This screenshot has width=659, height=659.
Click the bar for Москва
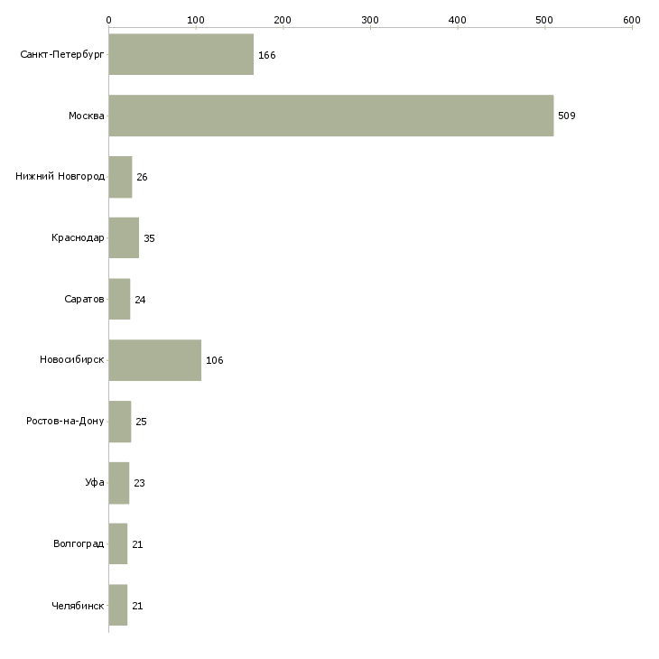(x=330, y=116)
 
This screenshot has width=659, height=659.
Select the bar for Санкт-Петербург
(x=181, y=54)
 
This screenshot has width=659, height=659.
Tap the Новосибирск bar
(x=154, y=360)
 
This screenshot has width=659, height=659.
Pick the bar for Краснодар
(x=124, y=238)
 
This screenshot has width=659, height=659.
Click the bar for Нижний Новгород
(x=120, y=177)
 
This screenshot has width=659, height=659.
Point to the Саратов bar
(x=119, y=299)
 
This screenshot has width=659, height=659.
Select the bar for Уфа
(x=118, y=483)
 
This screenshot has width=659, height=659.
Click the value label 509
(x=566, y=116)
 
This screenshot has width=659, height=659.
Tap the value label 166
(x=266, y=55)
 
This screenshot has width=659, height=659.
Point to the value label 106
(x=214, y=361)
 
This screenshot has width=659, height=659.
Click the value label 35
(x=149, y=238)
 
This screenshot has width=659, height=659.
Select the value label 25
(x=141, y=422)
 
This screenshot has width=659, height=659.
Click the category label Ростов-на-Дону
(x=66, y=422)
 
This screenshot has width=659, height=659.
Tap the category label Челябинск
(x=78, y=606)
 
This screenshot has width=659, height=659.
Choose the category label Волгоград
(x=79, y=544)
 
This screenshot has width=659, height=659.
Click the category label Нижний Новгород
(x=60, y=177)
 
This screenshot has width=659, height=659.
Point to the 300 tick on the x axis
(x=370, y=19)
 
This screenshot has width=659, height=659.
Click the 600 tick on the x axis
(x=631, y=19)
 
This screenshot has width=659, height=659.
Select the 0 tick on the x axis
(x=108, y=19)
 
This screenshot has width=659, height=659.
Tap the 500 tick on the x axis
(x=544, y=19)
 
